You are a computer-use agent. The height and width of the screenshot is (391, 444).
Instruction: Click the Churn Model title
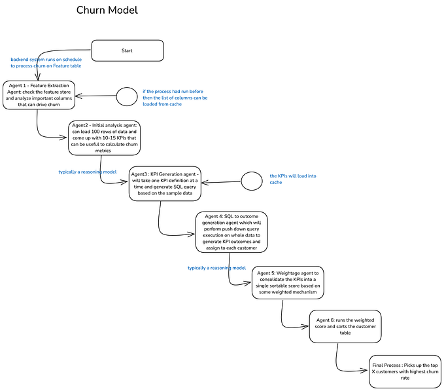(x=107, y=10)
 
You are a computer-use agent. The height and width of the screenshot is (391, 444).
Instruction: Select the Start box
(x=127, y=51)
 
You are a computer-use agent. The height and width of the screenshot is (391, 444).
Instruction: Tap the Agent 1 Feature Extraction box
(x=37, y=94)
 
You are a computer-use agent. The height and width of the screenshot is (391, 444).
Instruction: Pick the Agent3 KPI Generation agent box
(x=165, y=183)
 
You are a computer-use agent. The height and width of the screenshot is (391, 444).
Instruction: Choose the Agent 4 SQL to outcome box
(x=232, y=231)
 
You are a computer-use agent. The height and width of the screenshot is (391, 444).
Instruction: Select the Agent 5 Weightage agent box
(x=288, y=282)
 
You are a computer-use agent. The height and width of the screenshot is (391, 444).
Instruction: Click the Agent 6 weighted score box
(x=344, y=326)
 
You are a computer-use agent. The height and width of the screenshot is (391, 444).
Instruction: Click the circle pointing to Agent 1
(x=126, y=96)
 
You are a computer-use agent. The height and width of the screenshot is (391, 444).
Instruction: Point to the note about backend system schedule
(x=46, y=63)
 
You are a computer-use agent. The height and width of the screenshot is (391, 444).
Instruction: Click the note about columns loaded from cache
(x=175, y=98)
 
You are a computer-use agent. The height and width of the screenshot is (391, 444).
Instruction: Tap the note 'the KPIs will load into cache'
(x=294, y=179)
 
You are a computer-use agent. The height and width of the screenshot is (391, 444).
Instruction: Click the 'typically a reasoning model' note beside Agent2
(x=88, y=172)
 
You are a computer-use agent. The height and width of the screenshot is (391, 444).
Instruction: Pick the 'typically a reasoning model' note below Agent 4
(x=216, y=268)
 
